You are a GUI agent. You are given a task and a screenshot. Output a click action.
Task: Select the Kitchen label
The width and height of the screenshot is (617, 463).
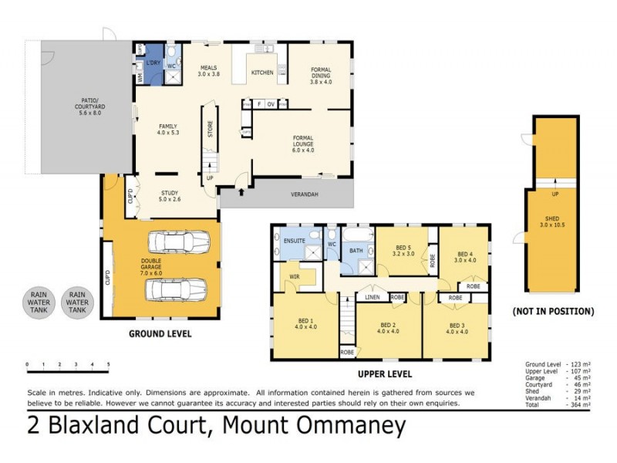click(262, 73)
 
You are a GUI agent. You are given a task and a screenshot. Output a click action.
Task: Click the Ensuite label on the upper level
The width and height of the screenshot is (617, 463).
click(294, 242)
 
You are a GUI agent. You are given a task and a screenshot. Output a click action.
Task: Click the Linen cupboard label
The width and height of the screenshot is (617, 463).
click(372, 296)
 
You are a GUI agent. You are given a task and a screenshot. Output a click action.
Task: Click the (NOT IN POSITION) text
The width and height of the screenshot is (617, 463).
click(552, 312)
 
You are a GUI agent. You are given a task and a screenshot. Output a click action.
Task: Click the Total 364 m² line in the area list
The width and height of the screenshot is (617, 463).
click(558, 404)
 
